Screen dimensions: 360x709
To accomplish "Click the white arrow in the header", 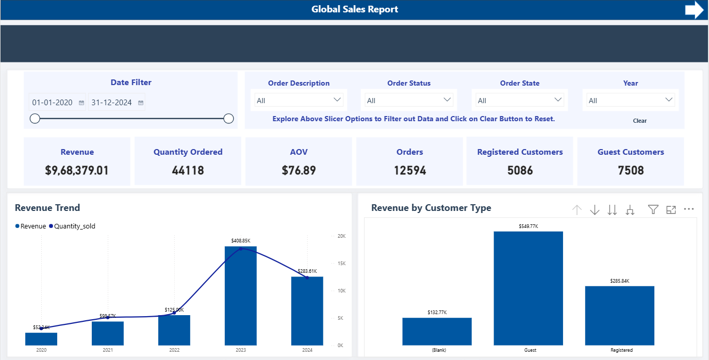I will [694, 10].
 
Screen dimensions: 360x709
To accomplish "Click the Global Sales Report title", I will [355, 9].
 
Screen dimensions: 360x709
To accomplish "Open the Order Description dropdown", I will [299, 100].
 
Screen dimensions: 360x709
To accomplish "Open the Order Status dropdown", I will [409, 100].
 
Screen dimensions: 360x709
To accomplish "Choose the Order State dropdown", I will [519, 100].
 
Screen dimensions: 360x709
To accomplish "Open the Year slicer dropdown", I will [631, 100].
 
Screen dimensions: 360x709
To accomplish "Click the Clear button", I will [639, 121].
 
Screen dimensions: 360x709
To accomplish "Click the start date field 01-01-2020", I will [53, 103].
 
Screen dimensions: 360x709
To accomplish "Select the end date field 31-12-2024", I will [112, 103].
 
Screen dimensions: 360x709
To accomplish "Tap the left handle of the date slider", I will [35, 119].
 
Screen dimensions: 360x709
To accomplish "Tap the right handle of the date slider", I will [228, 119].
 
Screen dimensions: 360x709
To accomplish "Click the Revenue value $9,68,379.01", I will [77, 171].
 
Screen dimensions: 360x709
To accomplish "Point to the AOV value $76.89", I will [299, 171].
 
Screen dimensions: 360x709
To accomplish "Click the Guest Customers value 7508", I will [631, 171].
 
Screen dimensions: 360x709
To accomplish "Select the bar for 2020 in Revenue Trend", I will [41, 339].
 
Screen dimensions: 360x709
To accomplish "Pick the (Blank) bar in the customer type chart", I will [437, 331].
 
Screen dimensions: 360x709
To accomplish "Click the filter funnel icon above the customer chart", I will [653, 209].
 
